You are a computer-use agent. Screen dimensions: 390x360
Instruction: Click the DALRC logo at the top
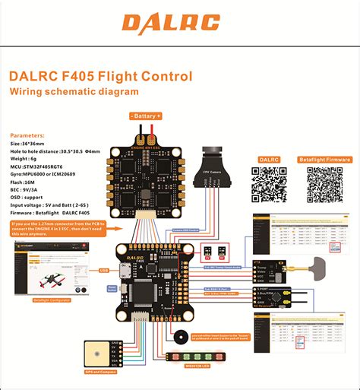(x=180, y=24)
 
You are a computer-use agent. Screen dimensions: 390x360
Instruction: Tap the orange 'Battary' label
(x=147, y=116)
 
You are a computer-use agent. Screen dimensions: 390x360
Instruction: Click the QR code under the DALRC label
(x=269, y=184)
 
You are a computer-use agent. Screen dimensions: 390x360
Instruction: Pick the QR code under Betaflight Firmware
(x=324, y=184)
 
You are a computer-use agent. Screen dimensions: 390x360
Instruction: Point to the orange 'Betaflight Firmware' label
(x=324, y=160)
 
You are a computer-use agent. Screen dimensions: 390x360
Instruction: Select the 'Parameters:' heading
(x=28, y=134)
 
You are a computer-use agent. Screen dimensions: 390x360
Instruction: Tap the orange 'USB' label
(x=104, y=269)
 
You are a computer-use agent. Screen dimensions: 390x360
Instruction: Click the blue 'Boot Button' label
(x=112, y=287)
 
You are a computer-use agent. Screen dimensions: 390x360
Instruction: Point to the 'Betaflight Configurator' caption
(x=48, y=302)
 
